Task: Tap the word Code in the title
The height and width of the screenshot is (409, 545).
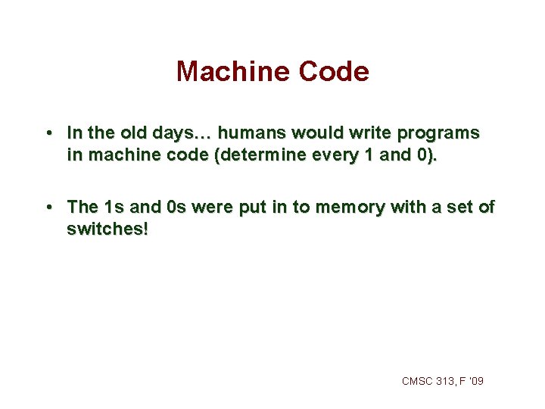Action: (334, 72)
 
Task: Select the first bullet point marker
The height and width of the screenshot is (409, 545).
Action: (48, 133)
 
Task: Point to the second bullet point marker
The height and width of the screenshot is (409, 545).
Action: (48, 206)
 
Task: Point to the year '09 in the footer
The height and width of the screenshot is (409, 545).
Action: (476, 381)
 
